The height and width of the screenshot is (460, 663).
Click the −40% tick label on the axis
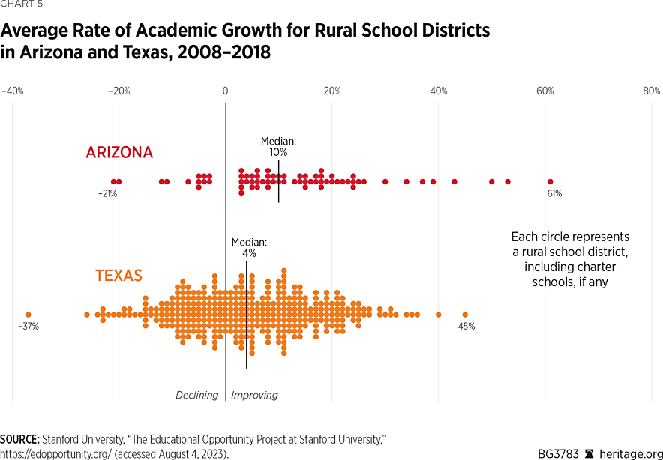(13, 91)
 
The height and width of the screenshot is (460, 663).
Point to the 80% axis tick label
(651, 91)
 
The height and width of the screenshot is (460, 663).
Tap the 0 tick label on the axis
(225, 91)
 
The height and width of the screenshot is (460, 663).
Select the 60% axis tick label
(544, 91)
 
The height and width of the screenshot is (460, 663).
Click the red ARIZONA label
(119, 153)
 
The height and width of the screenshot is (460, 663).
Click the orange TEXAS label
(118, 276)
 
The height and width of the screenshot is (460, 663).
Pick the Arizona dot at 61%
(550, 181)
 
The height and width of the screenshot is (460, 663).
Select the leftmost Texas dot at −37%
(28, 315)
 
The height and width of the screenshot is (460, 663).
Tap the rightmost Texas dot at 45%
(465, 315)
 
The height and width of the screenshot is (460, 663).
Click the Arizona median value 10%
(279, 152)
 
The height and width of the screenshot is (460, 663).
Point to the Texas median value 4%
(249, 254)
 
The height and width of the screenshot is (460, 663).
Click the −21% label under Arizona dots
(107, 194)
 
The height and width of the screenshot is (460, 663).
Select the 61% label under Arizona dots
(554, 194)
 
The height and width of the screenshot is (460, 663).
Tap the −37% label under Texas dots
(28, 327)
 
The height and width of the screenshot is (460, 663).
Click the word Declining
(196, 395)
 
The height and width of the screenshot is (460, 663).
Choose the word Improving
(255, 395)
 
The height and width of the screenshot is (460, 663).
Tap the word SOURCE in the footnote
(19, 438)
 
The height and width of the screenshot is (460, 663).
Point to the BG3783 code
(558, 453)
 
